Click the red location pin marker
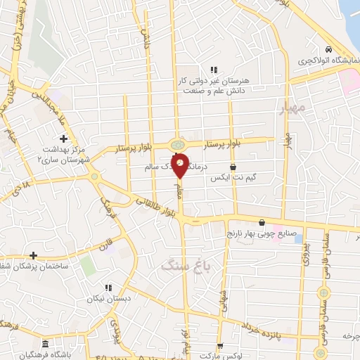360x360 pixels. pos(180,165)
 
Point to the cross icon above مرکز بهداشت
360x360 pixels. pos(63,139)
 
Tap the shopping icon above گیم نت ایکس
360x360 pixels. pos(233,167)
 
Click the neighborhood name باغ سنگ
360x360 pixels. pos(180,265)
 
